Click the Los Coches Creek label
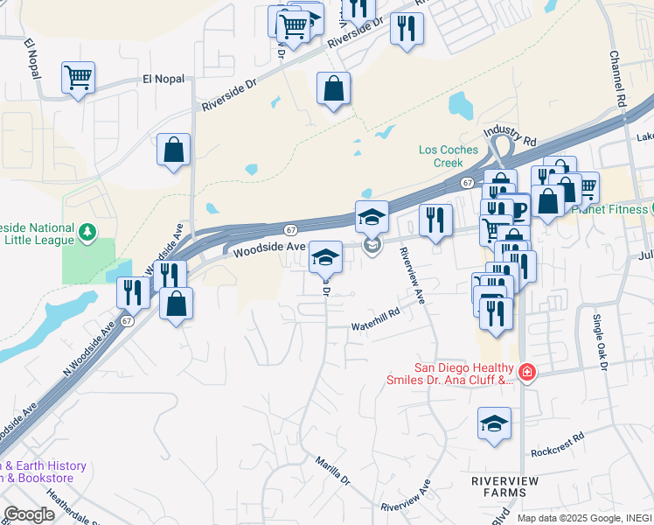[449, 156]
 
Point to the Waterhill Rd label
[375, 325]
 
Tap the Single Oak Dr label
[599, 342]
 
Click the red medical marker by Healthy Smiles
[526, 373]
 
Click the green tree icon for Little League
[87, 232]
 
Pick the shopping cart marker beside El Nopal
[78, 78]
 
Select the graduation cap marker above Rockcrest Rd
[494, 423]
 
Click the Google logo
[29, 514]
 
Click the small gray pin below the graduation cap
[372, 247]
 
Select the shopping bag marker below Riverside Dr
[333, 88]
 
